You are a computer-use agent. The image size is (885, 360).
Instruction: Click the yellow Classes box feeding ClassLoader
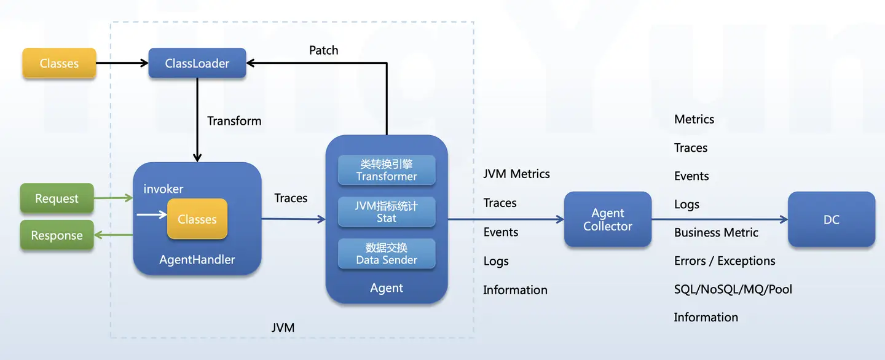click(x=59, y=63)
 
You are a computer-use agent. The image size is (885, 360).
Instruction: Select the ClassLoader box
click(x=197, y=63)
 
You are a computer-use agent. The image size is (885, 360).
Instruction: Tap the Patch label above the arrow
click(x=323, y=50)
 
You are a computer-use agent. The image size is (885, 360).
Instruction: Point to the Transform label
click(x=234, y=121)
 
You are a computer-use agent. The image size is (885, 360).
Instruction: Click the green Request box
click(x=57, y=199)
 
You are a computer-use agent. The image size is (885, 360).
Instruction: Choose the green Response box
click(x=57, y=236)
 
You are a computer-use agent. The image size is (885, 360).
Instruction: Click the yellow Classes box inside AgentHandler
click(x=197, y=219)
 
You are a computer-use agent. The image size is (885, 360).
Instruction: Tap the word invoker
click(x=163, y=189)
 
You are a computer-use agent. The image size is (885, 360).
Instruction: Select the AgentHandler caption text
click(x=197, y=260)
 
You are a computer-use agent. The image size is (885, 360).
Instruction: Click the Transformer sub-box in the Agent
click(x=387, y=171)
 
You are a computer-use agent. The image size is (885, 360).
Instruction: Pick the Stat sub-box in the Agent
click(x=387, y=212)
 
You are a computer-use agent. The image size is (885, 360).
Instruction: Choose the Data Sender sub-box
click(x=387, y=254)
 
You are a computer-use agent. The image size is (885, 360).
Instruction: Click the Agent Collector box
click(x=608, y=219)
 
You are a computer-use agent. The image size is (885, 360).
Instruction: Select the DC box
click(x=832, y=219)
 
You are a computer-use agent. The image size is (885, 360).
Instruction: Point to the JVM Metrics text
click(x=516, y=174)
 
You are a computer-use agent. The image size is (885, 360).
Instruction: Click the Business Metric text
click(x=716, y=233)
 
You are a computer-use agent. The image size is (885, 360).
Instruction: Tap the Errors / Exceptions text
click(x=725, y=261)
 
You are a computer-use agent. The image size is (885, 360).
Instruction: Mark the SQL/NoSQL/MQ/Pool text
click(x=733, y=289)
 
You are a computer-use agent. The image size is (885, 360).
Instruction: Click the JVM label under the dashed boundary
click(x=283, y=328)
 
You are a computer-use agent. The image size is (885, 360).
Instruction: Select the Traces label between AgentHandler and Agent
click(x=291, y=198)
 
